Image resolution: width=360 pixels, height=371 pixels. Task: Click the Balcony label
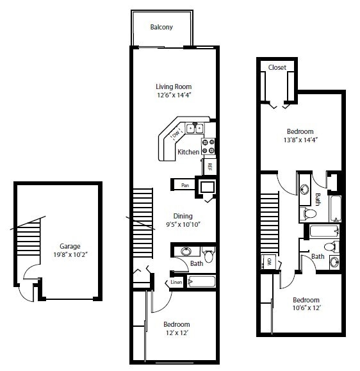161,27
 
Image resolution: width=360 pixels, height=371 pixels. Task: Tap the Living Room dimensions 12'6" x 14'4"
174,95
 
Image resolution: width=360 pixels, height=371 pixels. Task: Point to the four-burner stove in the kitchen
209,147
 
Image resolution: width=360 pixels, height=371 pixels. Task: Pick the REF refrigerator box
209,166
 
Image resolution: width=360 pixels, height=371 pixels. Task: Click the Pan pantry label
184,185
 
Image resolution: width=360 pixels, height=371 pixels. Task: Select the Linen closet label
176,282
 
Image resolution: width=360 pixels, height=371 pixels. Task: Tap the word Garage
70,245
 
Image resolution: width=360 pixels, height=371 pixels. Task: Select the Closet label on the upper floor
277,67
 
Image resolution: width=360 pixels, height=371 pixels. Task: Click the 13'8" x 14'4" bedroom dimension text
300,140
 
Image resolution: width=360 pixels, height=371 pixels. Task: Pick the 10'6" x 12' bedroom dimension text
306,308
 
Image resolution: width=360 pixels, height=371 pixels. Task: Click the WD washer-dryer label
269,262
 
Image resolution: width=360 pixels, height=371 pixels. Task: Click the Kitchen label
188,152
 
